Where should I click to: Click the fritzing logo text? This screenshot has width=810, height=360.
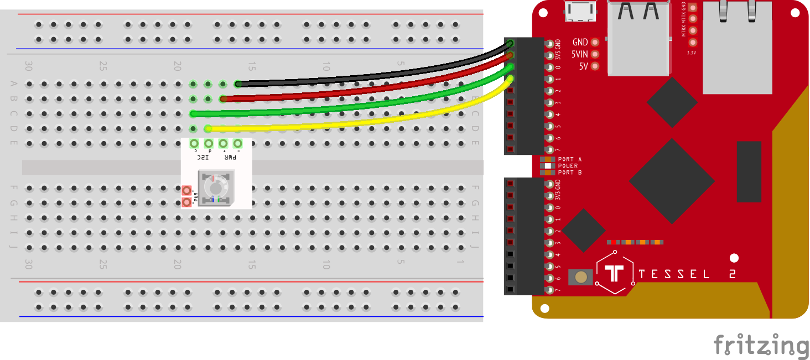[761, 345]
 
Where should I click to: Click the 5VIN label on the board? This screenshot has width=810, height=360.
[579, 54]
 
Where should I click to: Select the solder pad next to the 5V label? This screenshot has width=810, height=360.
[595, 66]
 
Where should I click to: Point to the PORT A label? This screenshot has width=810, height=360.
[569, 159]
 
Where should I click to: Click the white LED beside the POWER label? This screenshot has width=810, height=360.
[548, 166]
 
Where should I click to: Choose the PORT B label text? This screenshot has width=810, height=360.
[569, 173]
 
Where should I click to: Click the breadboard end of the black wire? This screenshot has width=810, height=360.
[238, 84]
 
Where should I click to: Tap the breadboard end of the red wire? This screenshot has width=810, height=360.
[223, 99]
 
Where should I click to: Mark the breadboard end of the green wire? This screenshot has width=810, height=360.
[193, 114]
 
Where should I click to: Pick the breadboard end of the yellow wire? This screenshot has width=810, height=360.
[208, 129]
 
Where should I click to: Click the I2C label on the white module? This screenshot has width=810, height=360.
[203, 157]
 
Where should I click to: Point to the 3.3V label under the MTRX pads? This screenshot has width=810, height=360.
[692, 53]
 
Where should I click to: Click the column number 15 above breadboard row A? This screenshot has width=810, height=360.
[252, 66]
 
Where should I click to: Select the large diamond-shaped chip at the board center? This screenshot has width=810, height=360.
[671, 181]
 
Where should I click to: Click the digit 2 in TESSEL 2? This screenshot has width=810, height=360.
[732, 274]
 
